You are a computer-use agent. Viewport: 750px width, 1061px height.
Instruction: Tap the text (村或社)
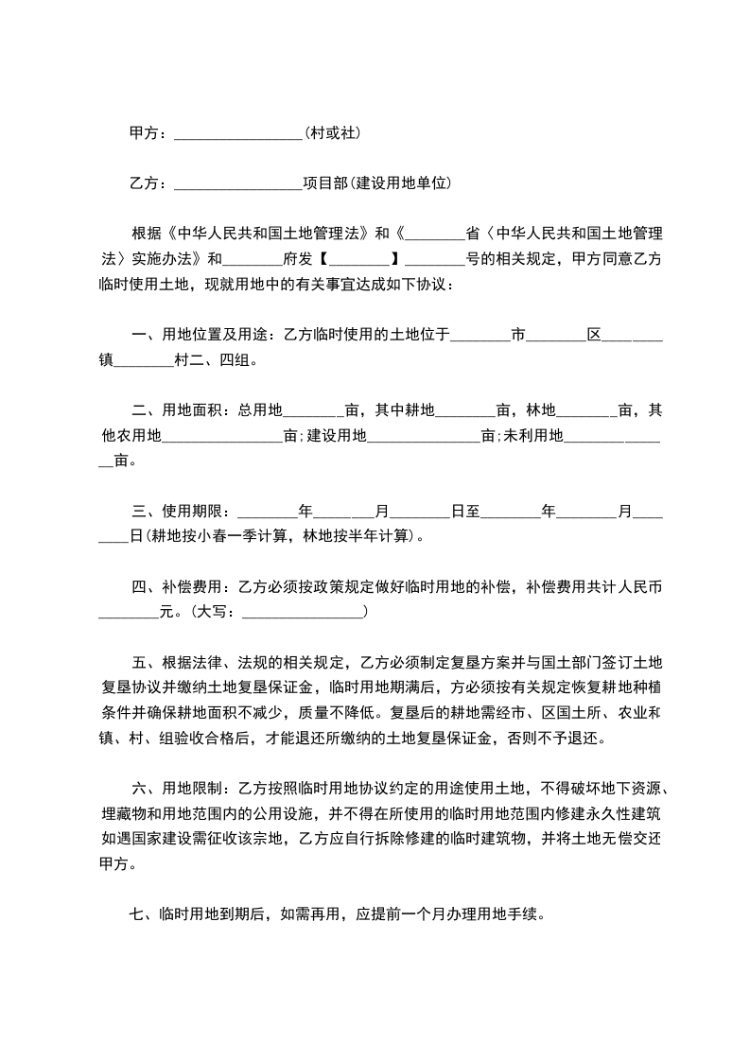pyautogui.click(x=331, y=133)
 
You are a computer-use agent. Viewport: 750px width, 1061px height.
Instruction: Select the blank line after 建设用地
pyautogui.click(x=424, y=437)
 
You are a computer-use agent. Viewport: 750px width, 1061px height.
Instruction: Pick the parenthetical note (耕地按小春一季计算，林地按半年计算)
pyautogui.click(x=278, y=536)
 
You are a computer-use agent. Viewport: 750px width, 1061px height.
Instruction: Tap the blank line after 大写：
pyautogui.click(x=303, y=613)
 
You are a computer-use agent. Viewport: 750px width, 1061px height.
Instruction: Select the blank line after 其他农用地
pyautogui.click(x=223, y=437)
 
